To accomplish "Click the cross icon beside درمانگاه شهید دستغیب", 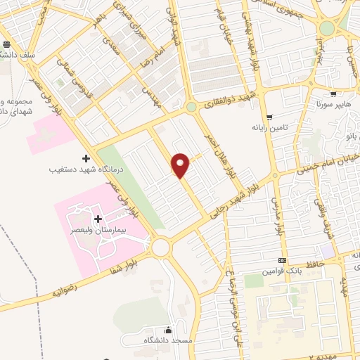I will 86,158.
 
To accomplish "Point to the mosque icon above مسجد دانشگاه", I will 167,330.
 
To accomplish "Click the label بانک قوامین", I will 283,270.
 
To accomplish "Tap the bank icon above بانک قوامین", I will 283,260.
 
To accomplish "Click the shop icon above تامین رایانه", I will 271,117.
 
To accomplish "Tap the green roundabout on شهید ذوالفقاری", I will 191,107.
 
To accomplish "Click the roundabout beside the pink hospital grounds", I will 161,247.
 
